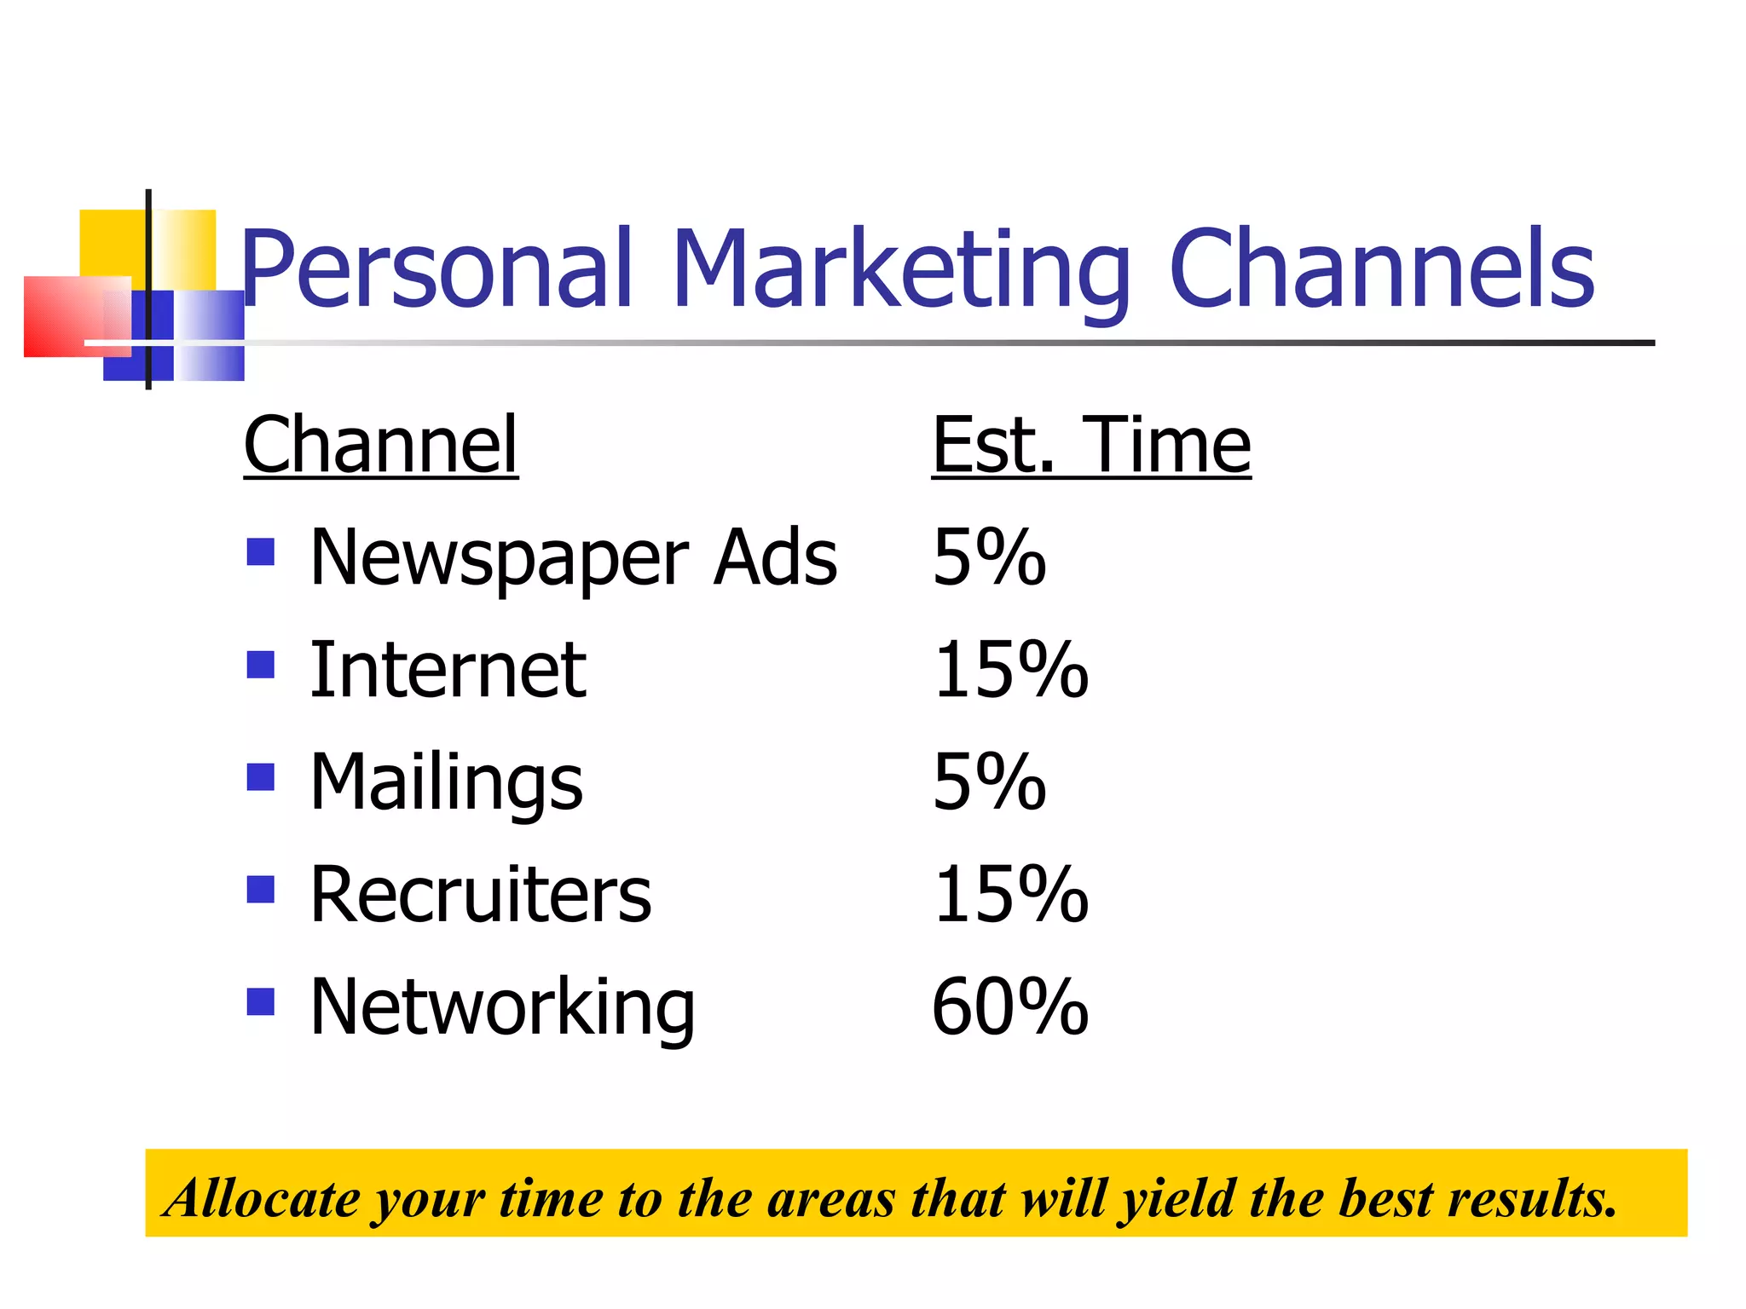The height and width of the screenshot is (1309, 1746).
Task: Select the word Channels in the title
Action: [x=1382, y=269]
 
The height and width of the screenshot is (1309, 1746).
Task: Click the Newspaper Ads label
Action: [x=573, y=557]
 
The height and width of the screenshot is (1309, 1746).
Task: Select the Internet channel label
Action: [x=448, y=670]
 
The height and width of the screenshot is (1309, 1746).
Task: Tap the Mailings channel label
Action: [x=446, y=782]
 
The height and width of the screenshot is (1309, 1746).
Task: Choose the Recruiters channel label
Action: [x=480, y=895]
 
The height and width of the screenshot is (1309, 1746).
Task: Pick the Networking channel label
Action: [x=502, y=1007]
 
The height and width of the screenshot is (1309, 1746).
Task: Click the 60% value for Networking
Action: [x=1010, y=1007]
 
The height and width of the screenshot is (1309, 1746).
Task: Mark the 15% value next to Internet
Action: [x=1010, y=670]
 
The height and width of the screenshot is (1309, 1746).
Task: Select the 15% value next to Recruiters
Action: [x=1010, y=895]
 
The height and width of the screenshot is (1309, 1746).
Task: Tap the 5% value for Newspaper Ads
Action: [x=989, y=557]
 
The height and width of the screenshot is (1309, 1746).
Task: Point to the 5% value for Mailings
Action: [x=989, y=782]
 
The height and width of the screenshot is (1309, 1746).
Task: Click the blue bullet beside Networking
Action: [x=260, y=1001]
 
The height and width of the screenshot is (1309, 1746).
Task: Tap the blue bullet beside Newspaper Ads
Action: [x=260, y=551]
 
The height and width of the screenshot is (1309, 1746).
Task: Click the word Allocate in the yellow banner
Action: [x=264, y=1198]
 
